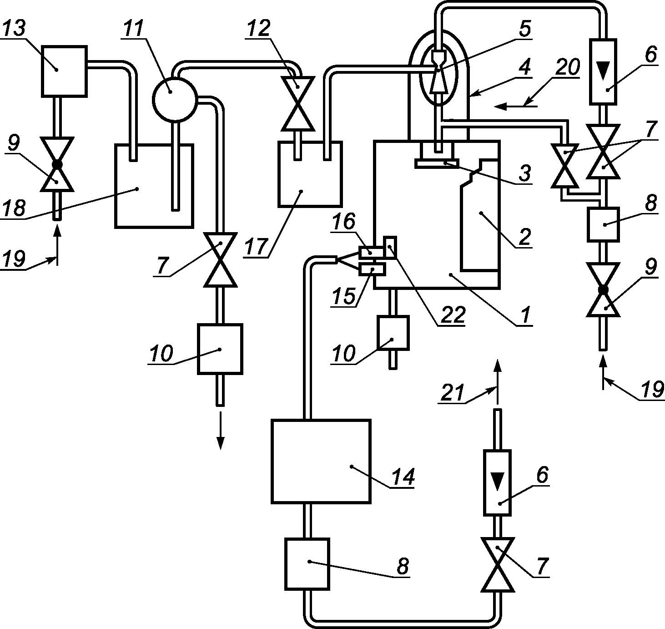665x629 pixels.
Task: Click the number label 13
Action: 15,28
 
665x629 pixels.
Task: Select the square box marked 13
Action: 64,71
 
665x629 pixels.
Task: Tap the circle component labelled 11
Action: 175,99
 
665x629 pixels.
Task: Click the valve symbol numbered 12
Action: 297,103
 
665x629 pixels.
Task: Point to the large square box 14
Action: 321,462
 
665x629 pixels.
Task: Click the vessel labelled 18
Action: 154,186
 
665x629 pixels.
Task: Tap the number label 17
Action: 257,246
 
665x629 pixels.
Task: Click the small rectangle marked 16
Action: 371,252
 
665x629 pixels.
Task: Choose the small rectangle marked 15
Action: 373,269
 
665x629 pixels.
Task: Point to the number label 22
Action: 453,314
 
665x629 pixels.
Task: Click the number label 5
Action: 524,29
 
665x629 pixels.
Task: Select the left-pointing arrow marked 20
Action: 515,107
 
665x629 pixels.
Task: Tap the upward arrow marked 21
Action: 497,382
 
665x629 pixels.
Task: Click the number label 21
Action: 453,393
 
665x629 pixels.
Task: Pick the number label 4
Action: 524,67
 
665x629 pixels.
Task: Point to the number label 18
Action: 14,208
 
